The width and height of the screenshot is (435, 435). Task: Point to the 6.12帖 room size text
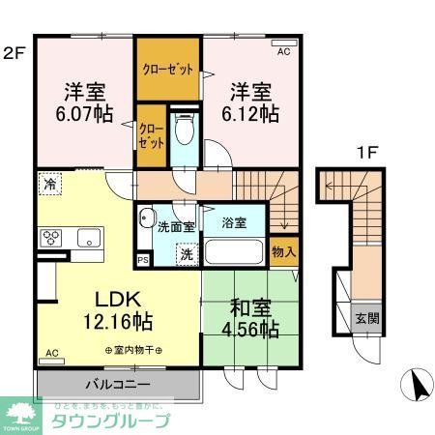254,114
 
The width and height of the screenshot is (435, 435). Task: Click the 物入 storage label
283,251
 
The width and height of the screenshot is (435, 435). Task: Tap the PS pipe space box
143,259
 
